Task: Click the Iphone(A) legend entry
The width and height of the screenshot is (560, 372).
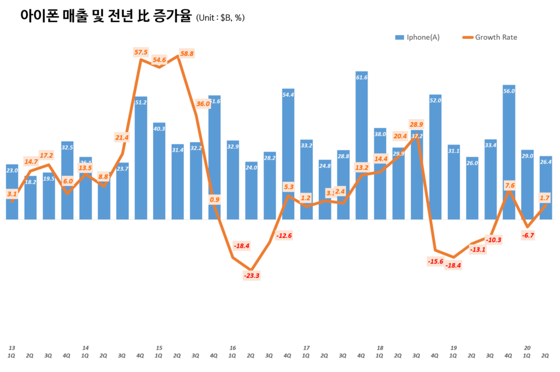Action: click(x=417, y=37)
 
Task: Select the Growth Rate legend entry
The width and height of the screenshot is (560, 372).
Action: click(x=489, y=37)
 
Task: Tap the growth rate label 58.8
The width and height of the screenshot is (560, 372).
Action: click(x=186, y=54)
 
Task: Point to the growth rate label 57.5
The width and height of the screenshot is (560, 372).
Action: click(x=141, y=53)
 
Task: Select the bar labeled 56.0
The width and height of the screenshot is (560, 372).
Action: click(x=509, y=153)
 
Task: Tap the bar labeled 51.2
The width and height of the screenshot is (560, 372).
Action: click(x=141, y=159)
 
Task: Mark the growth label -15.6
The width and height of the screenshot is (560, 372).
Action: click(x=435, y=261)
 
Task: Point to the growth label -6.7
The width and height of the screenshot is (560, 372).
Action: click(x=528, y=235)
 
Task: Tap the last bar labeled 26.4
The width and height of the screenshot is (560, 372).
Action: click(x=545, y=189)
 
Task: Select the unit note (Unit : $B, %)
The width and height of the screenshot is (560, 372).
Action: click(x=220, y=18)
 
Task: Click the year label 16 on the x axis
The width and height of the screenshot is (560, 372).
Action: click(x=232, y=347)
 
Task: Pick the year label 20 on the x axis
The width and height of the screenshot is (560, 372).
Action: click(x=527, y=347)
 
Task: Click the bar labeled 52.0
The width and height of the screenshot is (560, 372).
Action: click(x=435, y=159)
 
